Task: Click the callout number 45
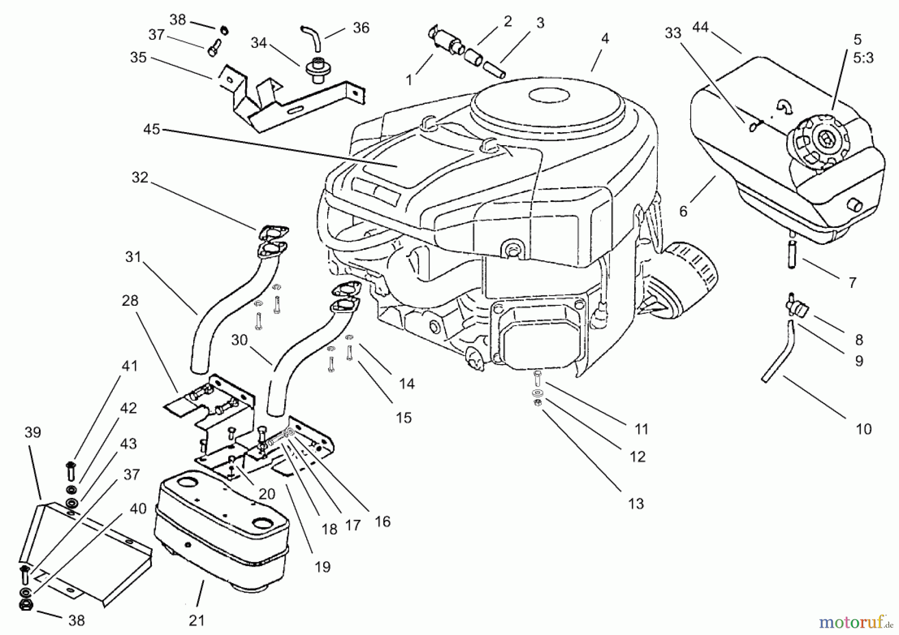tap(151, 129)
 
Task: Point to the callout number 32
tap(140, 178)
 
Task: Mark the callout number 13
tap(636, 504)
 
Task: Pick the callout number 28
tap(130, 301)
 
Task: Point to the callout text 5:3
tap(863, 58)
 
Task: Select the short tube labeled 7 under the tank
tap(792, 254)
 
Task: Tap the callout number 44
tap(700, 27)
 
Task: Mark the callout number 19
tap(323, 567)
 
